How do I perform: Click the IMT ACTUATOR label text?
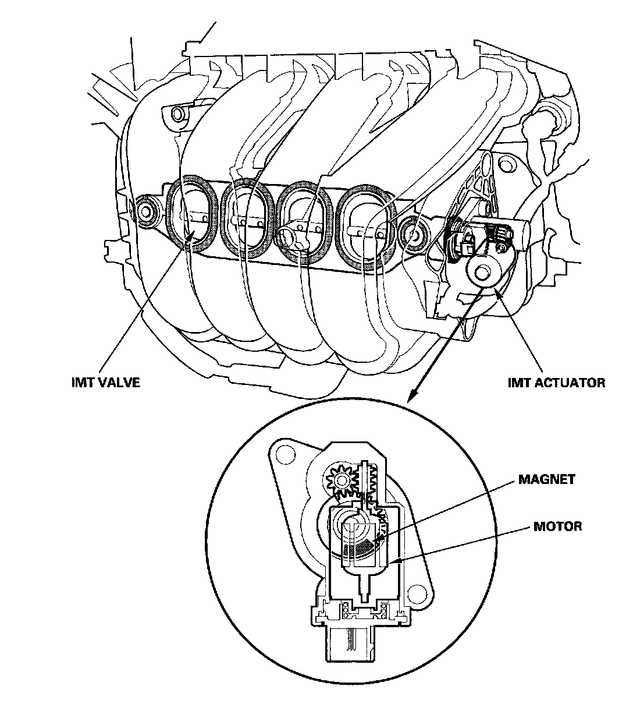(x=556, y=383)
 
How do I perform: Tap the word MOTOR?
(x=557, y=526)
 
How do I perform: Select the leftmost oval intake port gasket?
(x=190, y=214)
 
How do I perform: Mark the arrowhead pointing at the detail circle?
(x=410, y=399)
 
